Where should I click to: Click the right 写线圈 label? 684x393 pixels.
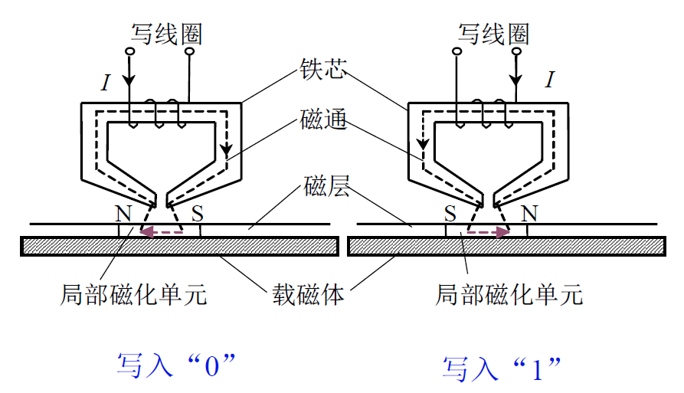point(494,34)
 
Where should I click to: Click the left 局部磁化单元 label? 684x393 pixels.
point(133,294)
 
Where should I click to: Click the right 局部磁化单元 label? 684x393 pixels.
point(509,294)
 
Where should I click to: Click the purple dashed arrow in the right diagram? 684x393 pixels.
point(488,231)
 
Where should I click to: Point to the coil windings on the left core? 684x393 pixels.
point(158,113)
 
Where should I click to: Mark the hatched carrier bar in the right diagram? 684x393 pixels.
point(506,246)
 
